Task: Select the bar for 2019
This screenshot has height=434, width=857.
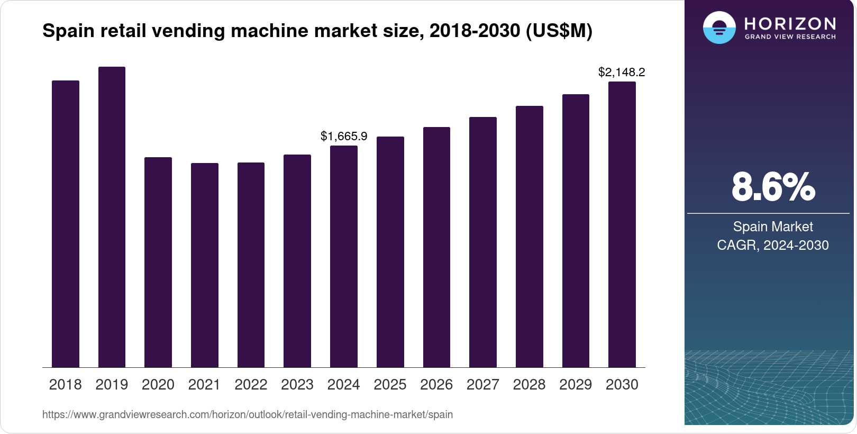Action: tap(112, 217)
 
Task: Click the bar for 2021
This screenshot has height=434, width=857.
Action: tap(204, 265)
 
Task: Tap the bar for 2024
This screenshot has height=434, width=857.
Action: tap(343, 256)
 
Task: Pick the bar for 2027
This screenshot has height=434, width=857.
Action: tap(482, 242)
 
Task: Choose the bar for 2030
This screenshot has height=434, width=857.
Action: tap(622, 224)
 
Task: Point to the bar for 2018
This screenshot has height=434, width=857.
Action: tap(65, 224)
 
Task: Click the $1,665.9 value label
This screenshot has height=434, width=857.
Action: tap(344, 136)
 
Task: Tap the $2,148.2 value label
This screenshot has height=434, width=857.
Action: tap(622, 72)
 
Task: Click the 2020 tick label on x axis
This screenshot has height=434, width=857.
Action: tap(158, 384)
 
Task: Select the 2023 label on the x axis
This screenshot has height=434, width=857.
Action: tap(297, 384)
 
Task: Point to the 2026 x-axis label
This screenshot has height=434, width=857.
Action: tap(436, 384)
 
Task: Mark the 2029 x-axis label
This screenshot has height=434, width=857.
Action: tap(575, 384)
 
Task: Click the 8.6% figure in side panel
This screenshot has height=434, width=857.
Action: tap(773, 187)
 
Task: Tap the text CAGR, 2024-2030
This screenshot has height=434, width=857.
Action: tap(772, 245)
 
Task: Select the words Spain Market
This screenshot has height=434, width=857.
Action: tap(772, 227)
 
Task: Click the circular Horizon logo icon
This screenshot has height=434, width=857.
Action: tap(719, 28)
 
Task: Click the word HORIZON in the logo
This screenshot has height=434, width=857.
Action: tap(790, 23)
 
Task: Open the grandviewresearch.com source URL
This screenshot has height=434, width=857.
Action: tap(247, 414)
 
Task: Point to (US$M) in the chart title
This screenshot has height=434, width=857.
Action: tap(559, 31)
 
